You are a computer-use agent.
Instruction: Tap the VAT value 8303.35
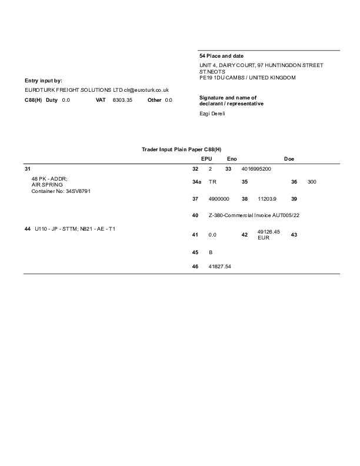point(122,100)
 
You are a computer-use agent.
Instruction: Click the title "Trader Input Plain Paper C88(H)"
point(185,149)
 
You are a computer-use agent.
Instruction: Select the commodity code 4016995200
point(256,168)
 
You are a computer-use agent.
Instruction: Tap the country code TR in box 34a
point(212,182)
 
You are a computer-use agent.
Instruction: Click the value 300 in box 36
point(312,182)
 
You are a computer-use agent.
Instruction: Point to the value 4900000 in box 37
point(219,199)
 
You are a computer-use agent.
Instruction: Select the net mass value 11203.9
point(267,199)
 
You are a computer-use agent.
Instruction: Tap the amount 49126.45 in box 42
point(269,232)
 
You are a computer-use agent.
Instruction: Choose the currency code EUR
point(263,238)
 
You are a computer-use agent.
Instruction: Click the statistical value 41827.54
point(221,267)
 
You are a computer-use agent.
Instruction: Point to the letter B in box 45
point(211,252)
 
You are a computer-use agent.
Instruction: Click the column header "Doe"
point(289,159)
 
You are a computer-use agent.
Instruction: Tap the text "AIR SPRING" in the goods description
point(46,184)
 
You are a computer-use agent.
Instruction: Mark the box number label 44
point(28,228)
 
